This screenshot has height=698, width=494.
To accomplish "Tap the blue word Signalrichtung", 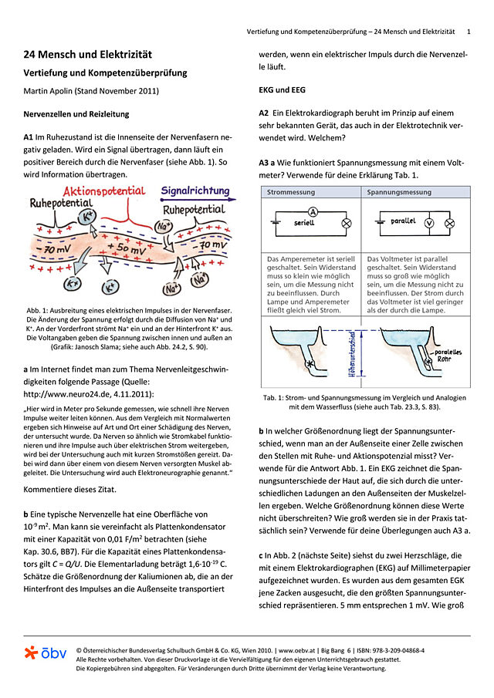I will (195, 191).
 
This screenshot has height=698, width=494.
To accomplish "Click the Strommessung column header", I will (291, 192).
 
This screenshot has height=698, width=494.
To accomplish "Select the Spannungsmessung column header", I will (399, 192).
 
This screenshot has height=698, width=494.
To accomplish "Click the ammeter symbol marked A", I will (313, 211).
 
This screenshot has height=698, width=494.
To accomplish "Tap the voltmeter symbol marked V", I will (429, 222).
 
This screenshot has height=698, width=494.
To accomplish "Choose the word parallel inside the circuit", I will (402, 221).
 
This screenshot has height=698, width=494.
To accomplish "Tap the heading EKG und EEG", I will (283, 90).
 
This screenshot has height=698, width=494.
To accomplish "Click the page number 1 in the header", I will (469, 32).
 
